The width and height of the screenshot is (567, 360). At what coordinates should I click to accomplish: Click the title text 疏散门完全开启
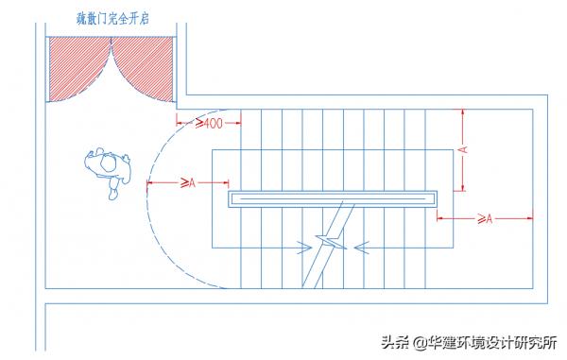coord(111,18)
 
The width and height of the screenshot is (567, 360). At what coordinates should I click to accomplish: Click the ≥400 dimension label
coord(208,123)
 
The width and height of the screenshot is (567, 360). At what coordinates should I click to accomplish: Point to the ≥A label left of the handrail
coord(186,181)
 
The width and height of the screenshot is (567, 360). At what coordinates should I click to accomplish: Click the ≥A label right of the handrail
coord(484,219)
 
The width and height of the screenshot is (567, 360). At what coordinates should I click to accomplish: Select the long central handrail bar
coord(334,199)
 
